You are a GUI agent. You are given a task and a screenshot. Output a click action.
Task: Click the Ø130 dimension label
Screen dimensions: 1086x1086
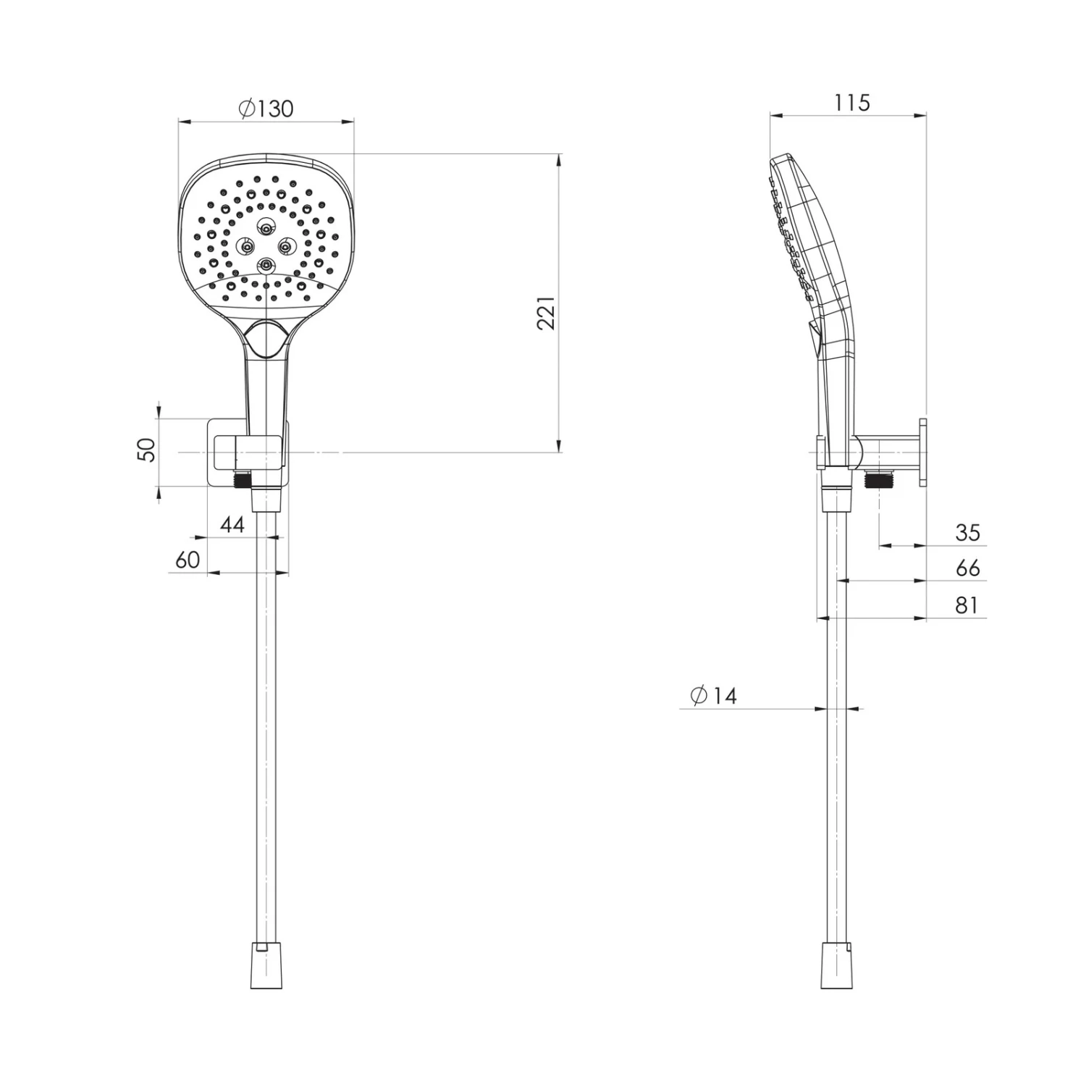pyautogui.click(x=266, y=109)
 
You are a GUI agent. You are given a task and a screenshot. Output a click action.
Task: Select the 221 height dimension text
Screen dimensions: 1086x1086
pyautogui.click(x=547, y=313)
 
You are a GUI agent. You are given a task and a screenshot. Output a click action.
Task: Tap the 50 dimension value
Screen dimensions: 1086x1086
pyautogui.click(x=147, y=450)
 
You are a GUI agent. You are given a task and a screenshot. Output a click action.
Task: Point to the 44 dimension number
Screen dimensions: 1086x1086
pyautogui.click(x=232, y=524)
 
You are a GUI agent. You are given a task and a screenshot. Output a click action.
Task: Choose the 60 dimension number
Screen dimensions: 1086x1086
pyautogui.click(x=188, y=560)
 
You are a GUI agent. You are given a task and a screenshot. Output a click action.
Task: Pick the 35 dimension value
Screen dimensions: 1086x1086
pyautogui.click(x=967, y=533)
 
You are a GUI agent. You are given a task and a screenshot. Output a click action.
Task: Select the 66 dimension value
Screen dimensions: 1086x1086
pyautogui.click(x=967, y=568)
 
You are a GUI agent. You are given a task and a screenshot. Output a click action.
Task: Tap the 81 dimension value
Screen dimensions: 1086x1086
pyautogui.click(x=967, y=605)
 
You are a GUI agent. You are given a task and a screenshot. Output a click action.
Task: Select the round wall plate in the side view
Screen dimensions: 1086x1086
pyautogui.click(x=923, y=453)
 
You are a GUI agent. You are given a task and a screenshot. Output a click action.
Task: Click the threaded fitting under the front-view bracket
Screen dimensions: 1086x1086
pyautogui.click(x=242, y=479)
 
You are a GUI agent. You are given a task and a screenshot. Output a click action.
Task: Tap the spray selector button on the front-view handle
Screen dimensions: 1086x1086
pyautogui.click(x=266, y=339)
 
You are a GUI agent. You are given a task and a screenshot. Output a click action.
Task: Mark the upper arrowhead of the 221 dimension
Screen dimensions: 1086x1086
pyautogui.click(x=559, y=161)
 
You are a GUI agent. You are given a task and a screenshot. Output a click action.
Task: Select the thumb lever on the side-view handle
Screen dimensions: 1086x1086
pyautogui.click(x=814, y=337)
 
